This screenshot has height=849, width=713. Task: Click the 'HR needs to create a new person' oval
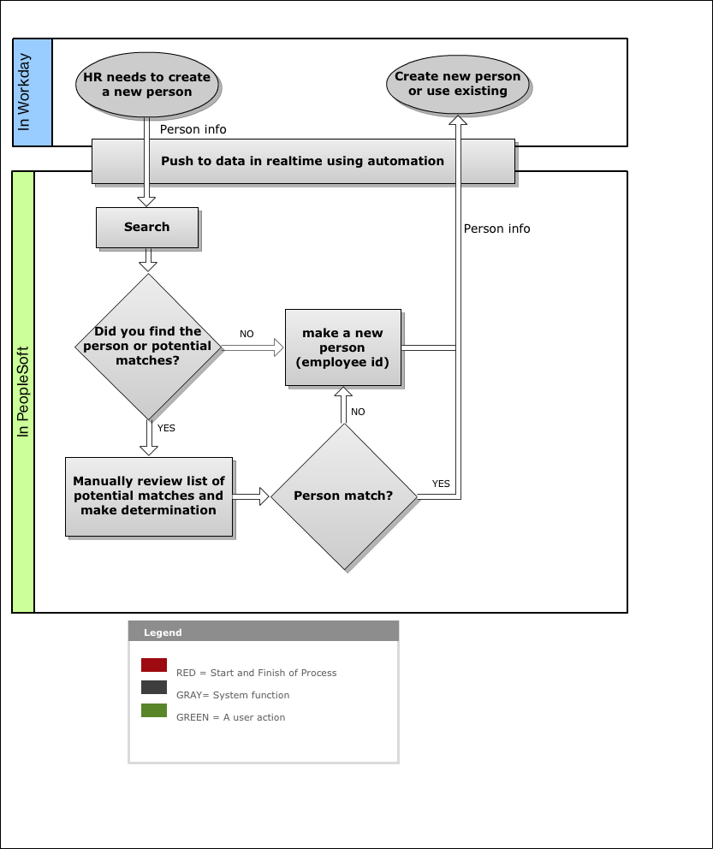pyautogui.click(x=146, y=85)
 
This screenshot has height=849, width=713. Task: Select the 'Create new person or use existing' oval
pyautogui.click(x=457, y=84)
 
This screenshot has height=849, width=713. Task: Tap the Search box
pyautogui.click(x=147, y=228)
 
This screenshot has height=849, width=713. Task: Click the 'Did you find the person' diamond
pyautogui.click(x=148, y=347)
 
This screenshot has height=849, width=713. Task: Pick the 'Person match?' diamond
pyautogui.click(x=344, y=496)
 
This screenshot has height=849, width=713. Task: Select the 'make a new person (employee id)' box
pyautogui.click(x=343, y=347)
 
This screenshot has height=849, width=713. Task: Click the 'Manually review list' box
pyautogui.click(x=149, y=496)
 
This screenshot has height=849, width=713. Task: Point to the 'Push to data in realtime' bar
pyautogui.click(x=303, y=162)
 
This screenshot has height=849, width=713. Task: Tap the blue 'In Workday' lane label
pyautogui.click(x=32, y=92)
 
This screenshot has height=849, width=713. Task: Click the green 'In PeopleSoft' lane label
pyautogui.click(x=23, y=392)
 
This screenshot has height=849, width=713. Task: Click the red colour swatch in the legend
pyautogui.click(x=154, y=665)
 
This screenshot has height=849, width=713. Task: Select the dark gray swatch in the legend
pyautogui.click(x=154, y=687)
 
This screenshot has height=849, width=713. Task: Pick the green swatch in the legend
pyautogui.click(x=154, y=709)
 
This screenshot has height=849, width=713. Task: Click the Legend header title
pyautogui.click(x=163, y=632)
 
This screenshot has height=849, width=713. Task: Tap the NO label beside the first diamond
pyautogui.click(x=247, y=334)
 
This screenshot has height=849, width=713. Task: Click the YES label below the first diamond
pyautogui.click(x=166, y=428)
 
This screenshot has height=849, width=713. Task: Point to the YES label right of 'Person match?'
pyautogui.click(x=441, y=484)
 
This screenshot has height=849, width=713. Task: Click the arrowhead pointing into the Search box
pyautogui.click(x=146, y=201)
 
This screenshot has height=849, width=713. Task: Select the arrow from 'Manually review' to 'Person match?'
pyautogui.click(x=251, y=496)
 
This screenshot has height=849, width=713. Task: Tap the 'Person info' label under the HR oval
pyautogui.click(x=193, y=129)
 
